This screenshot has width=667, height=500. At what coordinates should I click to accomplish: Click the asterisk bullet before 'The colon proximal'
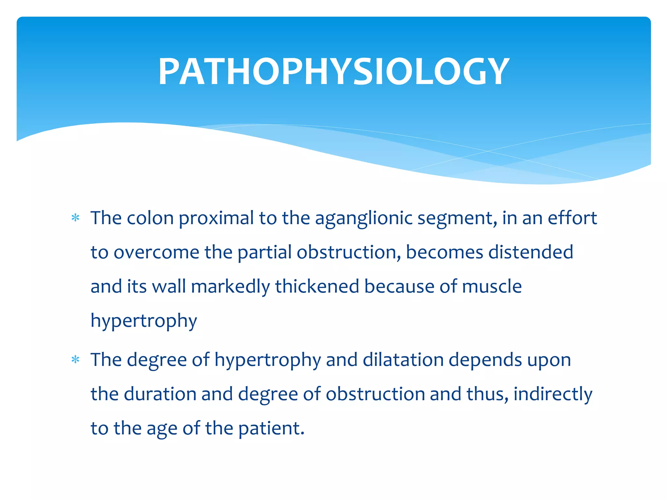76,218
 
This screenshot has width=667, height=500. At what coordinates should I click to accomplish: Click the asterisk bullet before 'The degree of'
76,360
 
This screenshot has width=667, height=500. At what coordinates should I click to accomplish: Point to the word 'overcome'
156,253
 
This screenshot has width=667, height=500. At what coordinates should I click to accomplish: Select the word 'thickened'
317,286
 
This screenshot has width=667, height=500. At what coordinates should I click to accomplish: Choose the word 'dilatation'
403,360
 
